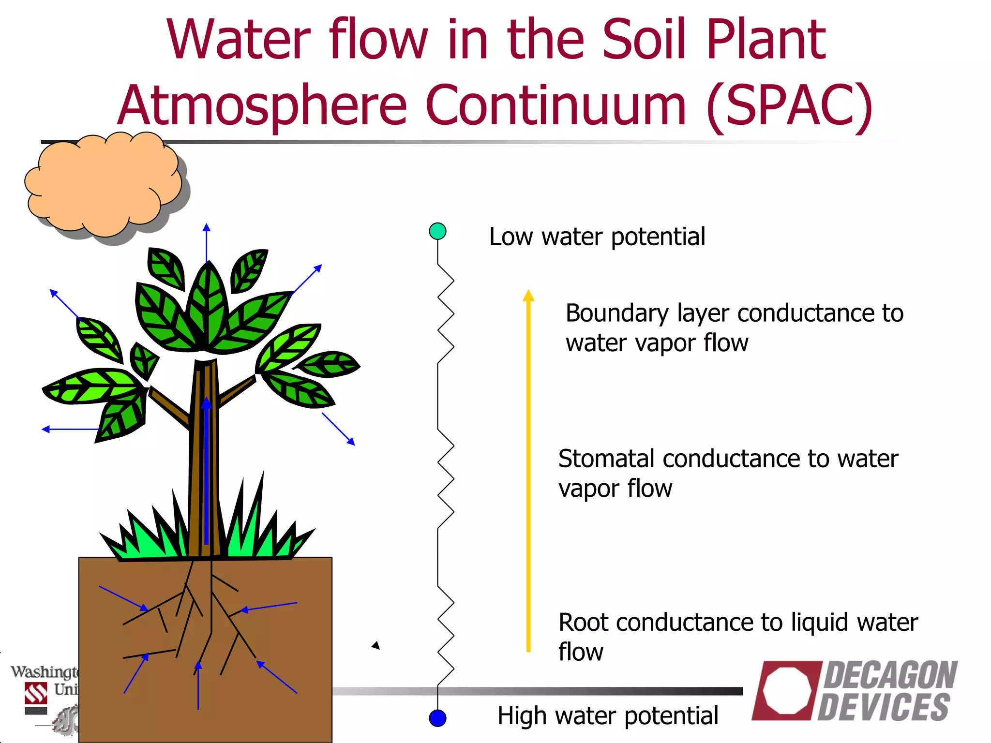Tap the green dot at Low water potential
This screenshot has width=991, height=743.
click(437, 231)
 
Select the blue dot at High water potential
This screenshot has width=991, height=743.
click(437, 718)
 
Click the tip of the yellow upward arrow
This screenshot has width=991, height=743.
click(528, 292)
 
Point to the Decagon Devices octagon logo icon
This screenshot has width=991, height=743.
click(787, 690)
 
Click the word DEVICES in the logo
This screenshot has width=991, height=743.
click(884, 707)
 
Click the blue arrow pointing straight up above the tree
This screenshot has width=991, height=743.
click(207, 242)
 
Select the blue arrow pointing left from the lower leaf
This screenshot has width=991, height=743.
click(70, 429)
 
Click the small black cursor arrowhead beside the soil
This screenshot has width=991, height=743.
click(376, 645)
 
